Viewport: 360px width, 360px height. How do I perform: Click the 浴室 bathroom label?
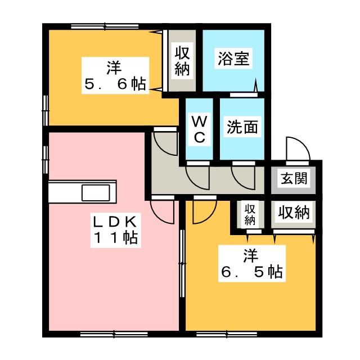233,59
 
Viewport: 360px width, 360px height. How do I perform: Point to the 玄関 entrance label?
294,179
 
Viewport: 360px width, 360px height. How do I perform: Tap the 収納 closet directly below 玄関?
294,213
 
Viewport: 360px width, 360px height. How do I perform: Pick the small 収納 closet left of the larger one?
250,213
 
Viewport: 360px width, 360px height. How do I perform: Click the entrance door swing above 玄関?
296,150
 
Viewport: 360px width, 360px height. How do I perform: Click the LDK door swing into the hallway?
161,211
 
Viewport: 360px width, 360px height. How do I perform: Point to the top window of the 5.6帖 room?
105,26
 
